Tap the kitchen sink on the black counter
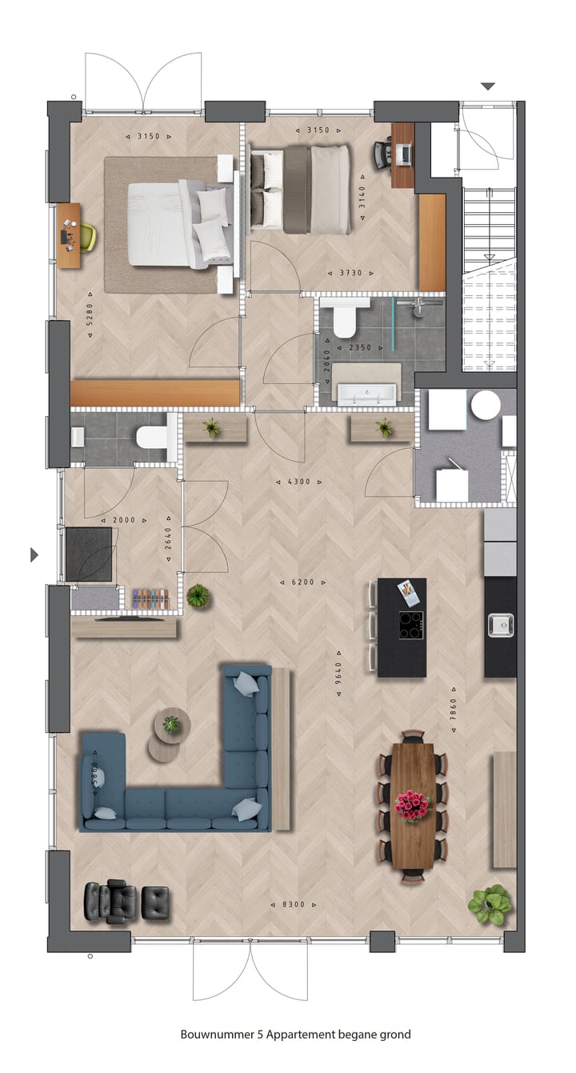coord(501,624)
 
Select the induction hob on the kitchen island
coord(411,624)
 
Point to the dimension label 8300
coord(294,905)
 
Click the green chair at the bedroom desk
coord(87,236)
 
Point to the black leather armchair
coord(110,902)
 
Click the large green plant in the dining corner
coord(490,904)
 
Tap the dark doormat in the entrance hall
coord(89,554)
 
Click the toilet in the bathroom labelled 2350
coord(346,319)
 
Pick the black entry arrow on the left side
coord(34,555)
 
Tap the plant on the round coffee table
coord(171,724)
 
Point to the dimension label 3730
coord(350,273)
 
